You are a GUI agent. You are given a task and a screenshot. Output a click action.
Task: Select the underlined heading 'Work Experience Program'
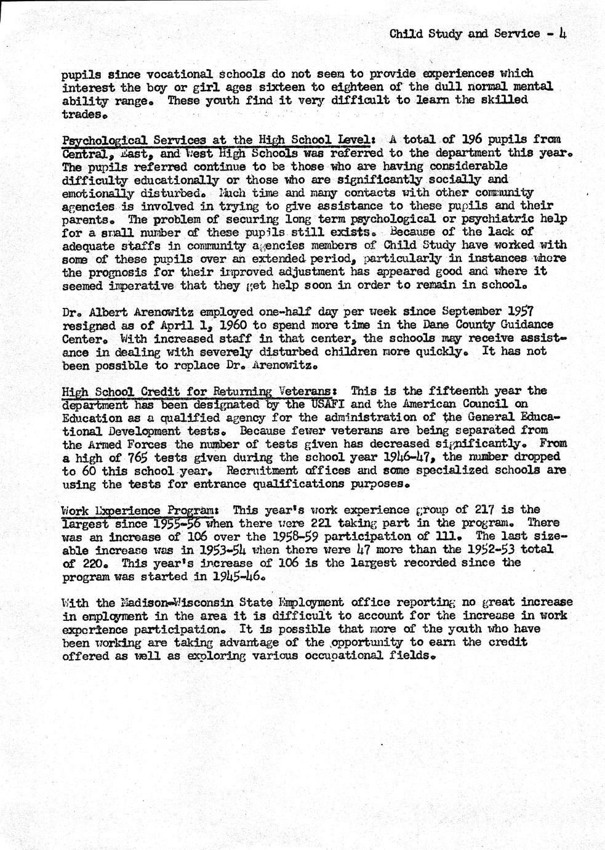[x=138, y=510]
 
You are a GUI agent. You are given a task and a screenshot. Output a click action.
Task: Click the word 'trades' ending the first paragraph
[x=82, y=113]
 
